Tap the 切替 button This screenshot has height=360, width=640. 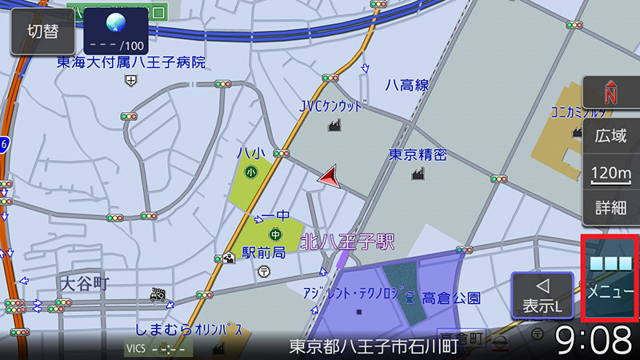(x=42, y=31)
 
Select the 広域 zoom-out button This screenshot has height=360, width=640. (x=610, y=136)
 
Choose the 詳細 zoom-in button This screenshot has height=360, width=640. (x=610, y=208)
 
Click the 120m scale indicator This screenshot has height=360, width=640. (x=610, y=173)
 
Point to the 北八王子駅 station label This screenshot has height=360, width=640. (x=348, y=239)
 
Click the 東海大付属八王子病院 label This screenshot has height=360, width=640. (x=131, y=62)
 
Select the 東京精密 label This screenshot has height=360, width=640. (x=418, y=154)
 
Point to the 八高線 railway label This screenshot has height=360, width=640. (x=406, y=84)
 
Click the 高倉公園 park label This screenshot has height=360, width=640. (x=451, y=298)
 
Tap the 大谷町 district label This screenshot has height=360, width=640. (x=84, y=283)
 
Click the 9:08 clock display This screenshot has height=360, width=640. (x=594, y=341)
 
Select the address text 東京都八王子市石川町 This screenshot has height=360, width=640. (x=374, y=347)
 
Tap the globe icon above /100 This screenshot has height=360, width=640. (x=116, y=22)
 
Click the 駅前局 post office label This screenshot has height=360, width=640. (x=263, y=252)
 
